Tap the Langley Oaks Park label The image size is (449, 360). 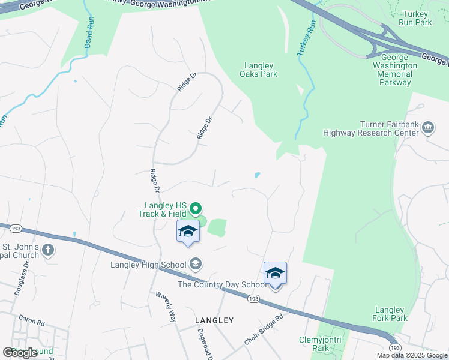(x=258, y=70)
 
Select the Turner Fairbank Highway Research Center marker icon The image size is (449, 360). (x=429, y=127)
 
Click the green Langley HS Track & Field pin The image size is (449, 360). (x=196, y=209)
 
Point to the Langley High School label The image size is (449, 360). (x=148, y=264)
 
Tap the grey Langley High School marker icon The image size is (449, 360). (x=195, y=263)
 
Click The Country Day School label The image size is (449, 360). (x=220, y=284)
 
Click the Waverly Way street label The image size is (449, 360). (x=166, y=307)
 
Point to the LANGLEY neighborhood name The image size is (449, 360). (x=214, y=320)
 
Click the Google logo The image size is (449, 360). (x=21, y=353)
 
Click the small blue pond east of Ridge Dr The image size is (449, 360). (x=257, y=175)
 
